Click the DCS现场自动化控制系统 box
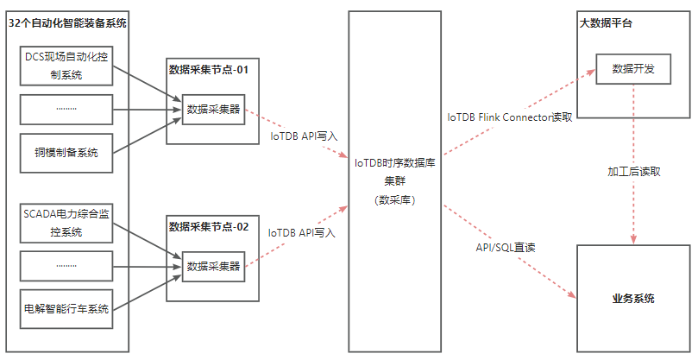point(66,66)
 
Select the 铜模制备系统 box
point(66,153)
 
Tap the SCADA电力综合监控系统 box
point(66,223)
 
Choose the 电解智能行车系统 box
point(66,309)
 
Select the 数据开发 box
point(632,69)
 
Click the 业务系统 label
point(632,299)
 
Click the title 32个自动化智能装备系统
point(66,23)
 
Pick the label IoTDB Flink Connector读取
point(509,117)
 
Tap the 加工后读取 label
point(633,171)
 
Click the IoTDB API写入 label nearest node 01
point(304,136)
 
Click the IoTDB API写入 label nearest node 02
point(301,233)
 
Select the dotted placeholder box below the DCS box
point(66,109)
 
